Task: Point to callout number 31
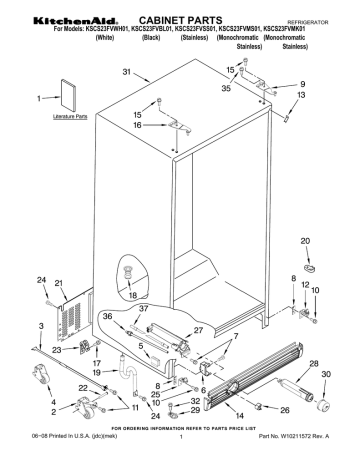tap(126, 72)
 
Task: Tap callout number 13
tap(300, 95)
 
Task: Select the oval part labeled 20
tap(307, 268)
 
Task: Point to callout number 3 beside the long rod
tap(41, 327)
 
